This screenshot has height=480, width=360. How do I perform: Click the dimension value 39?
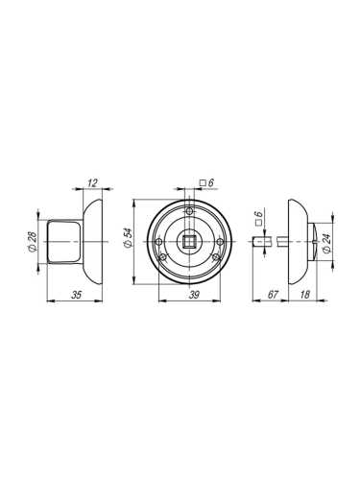[x=193, y=295]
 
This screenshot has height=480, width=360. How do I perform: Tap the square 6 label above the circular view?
[x=204, y=182]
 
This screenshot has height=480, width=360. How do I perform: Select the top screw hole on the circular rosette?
[x=191, y=211]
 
